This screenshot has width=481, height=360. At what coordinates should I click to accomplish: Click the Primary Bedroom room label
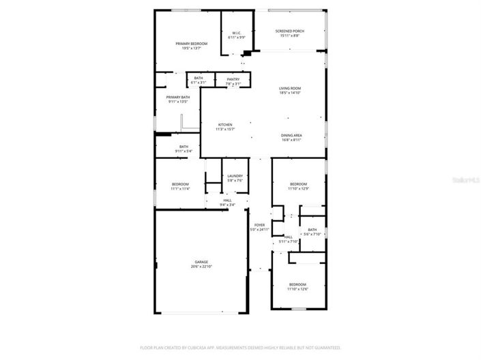tap(190, 44)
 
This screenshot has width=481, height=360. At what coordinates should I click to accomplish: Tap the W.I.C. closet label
tap(236, 32)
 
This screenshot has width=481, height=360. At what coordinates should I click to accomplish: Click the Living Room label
tap(289, 89)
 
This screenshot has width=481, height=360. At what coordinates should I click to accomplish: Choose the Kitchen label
tap(225, 125)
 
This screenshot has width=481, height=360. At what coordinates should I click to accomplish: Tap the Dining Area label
tap(291, 135)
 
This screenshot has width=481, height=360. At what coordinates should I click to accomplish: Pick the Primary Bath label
tap(178, 97)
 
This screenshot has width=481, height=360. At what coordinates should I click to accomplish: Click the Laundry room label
tap(235, 176)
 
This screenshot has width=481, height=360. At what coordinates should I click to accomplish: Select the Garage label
tap(201, 261)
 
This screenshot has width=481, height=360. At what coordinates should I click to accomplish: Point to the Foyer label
tap(259, 225)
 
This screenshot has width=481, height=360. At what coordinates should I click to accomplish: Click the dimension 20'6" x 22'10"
tap(201, 266)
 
